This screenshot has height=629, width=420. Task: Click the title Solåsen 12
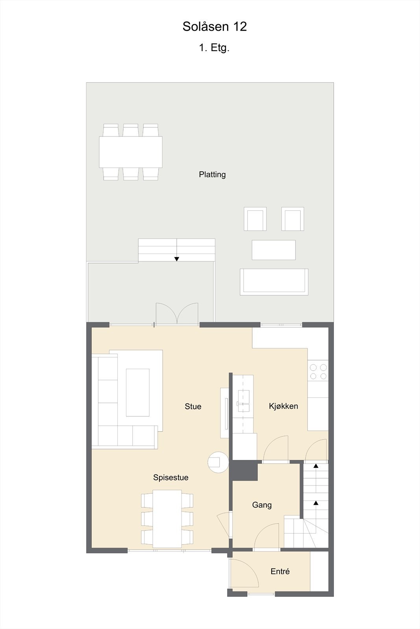[215, 27]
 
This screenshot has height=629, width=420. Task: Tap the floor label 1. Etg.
[214, 48]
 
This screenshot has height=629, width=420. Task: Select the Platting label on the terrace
[212, 175]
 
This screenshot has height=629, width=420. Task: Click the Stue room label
[193, 406]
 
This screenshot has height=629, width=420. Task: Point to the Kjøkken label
[283, 406]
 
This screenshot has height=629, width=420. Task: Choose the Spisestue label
[171, 478]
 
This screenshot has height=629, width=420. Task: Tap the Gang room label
[262, 505]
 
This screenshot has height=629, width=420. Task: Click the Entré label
[280, 572]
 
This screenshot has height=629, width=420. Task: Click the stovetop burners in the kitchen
[318, 372]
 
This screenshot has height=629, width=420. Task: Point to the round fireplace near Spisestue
[218, 462]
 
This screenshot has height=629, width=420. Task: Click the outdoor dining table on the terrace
[131, 152]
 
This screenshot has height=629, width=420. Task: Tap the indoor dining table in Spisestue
[167, 519]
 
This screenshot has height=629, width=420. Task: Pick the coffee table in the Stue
[137, 392]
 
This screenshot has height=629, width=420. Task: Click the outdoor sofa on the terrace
[274, 282]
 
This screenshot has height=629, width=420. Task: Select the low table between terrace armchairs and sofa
[274, 250]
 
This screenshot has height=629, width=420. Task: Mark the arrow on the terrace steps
[177, 259]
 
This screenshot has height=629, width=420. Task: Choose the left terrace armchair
[255, 219]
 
